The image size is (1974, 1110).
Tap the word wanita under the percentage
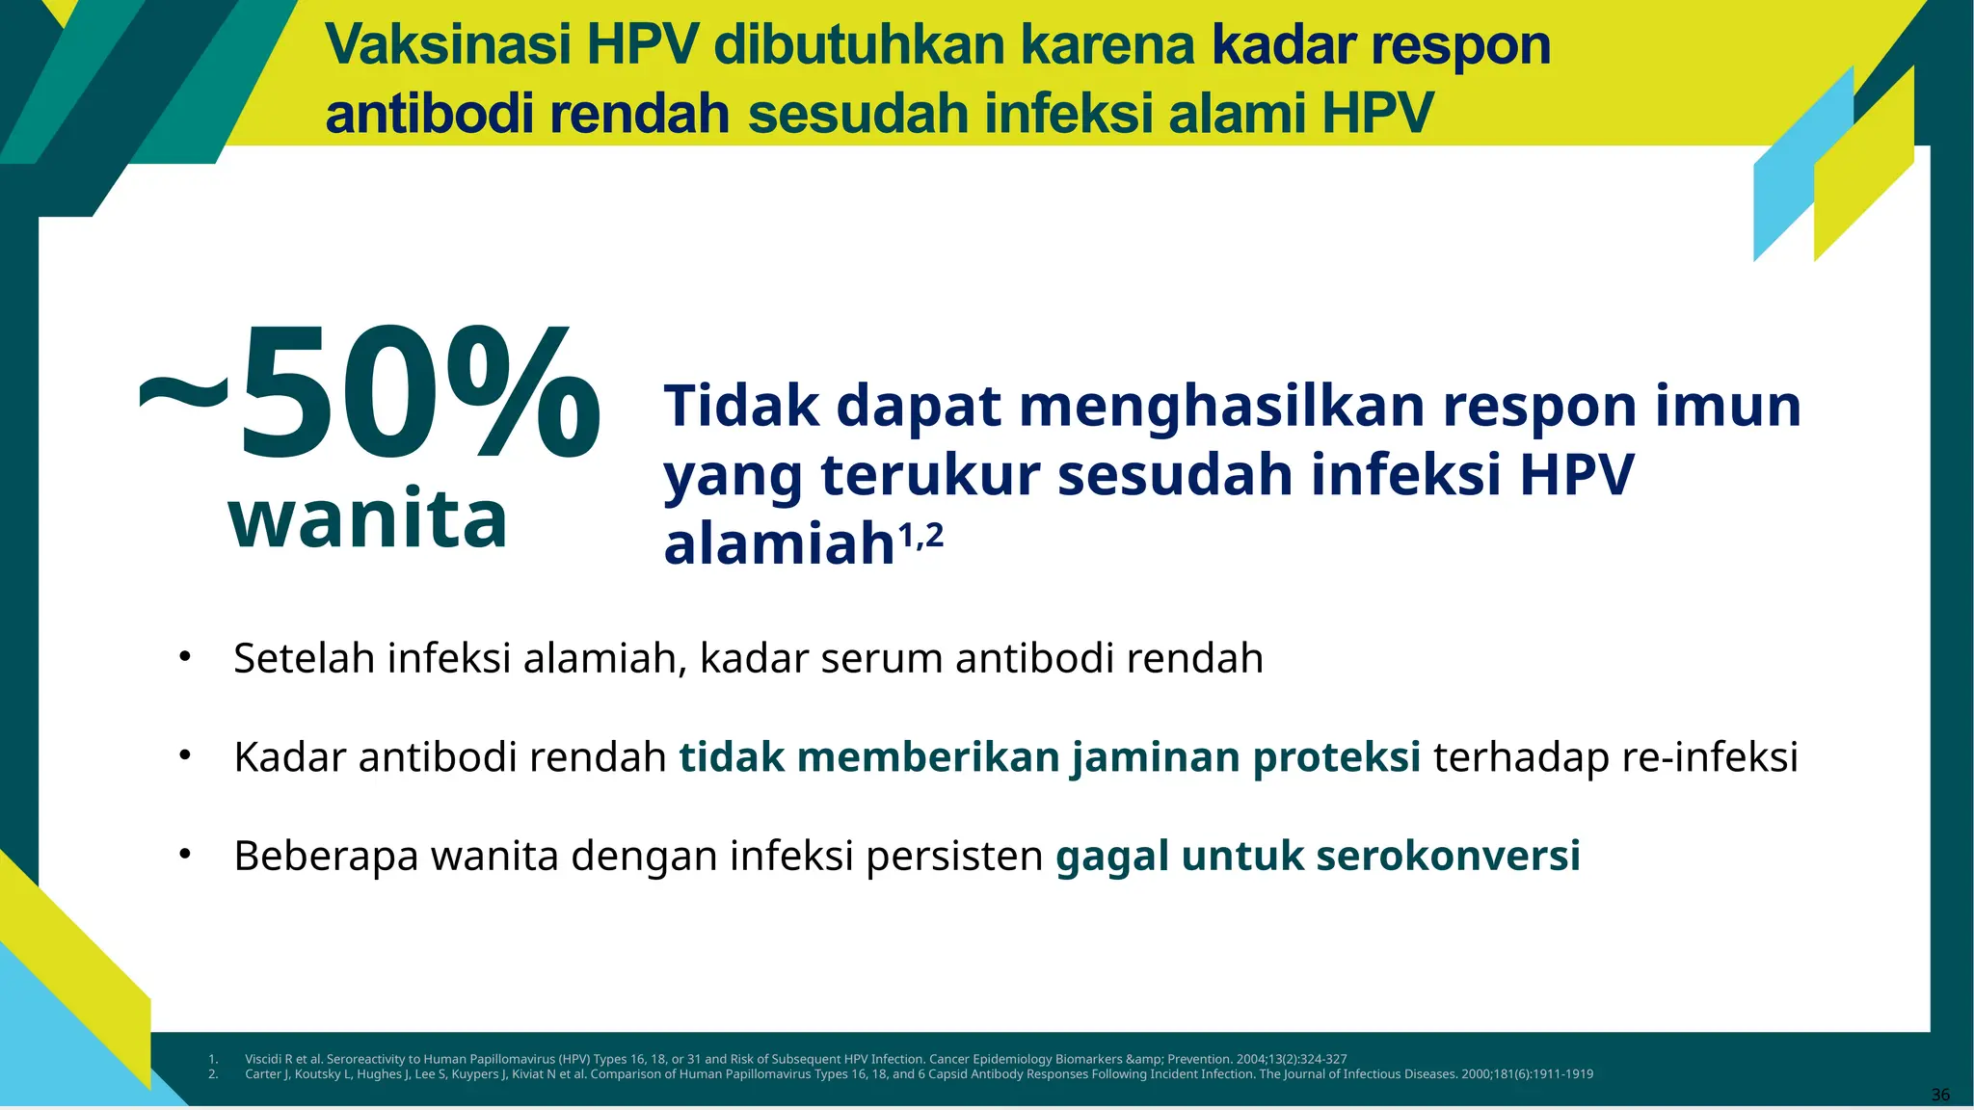point(367,519)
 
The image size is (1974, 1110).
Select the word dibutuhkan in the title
point(859,45)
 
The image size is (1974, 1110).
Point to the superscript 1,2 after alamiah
point(920,535)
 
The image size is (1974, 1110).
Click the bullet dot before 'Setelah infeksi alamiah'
point(185,657)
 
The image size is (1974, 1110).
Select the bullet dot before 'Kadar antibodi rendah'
point(185,756)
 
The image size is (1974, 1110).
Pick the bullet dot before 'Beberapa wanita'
point(185,855)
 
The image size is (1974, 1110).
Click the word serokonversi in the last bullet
point(1448,856)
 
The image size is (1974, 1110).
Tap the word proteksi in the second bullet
point(1336,757)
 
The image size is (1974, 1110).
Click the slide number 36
point(1940,1095)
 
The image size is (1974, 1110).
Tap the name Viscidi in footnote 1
point(262,1059)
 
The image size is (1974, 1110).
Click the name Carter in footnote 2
point(262,1074)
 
